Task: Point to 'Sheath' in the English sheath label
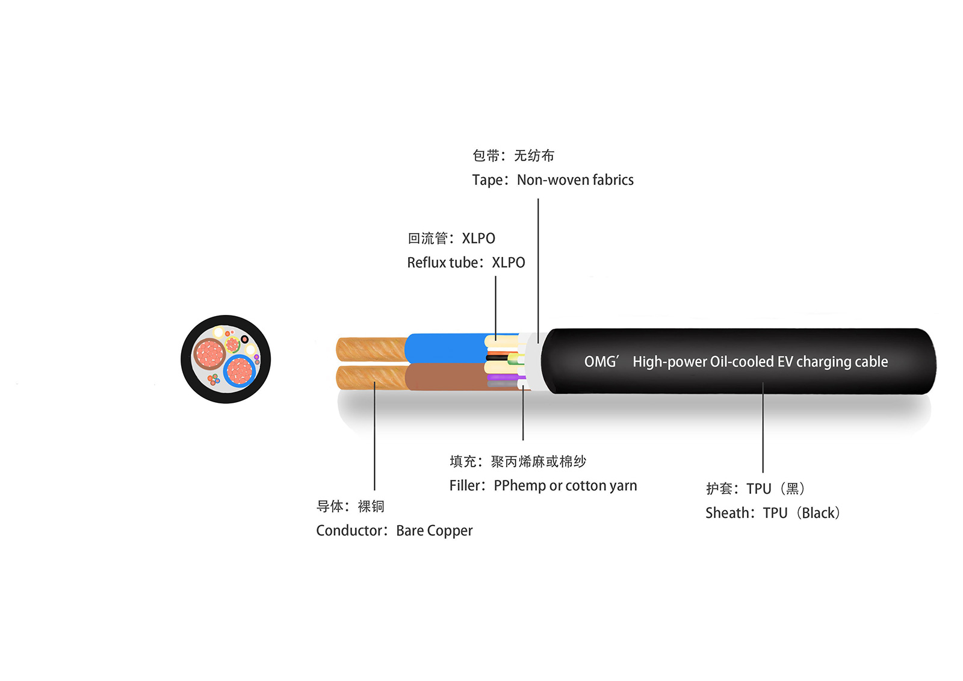726,513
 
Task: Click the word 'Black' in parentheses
819,513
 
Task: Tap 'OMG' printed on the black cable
601,362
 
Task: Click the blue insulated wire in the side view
445,348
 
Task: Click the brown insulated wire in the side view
445,377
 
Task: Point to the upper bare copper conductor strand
370,349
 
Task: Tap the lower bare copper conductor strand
370,378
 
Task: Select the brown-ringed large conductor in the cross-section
209,353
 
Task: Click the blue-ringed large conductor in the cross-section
240,371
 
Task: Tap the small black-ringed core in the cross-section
245,340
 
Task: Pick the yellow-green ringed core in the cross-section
232,345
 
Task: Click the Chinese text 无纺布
534,156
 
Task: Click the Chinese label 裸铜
371,506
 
